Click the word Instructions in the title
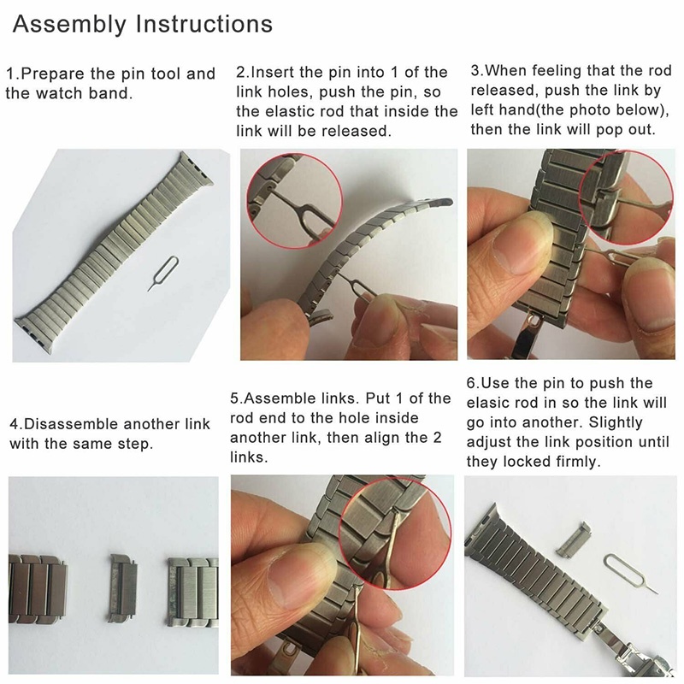[x=205, y=24]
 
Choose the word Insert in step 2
[x=271, y=72]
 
